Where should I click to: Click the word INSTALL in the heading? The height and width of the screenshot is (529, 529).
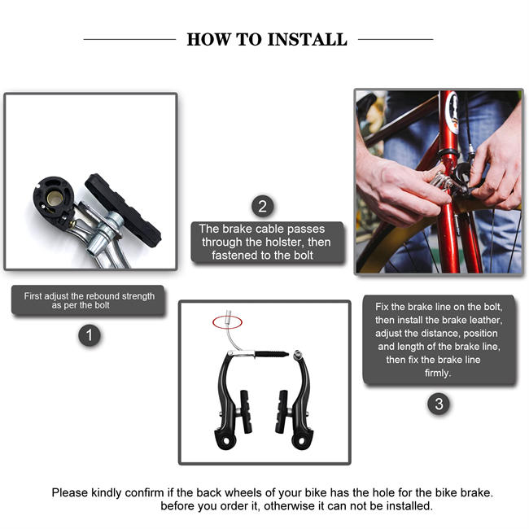[306, 39]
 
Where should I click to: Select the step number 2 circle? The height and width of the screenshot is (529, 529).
[262, 206]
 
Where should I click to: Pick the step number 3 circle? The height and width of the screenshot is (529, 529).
[438, 404]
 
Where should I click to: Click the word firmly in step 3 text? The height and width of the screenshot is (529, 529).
[438, 373]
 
